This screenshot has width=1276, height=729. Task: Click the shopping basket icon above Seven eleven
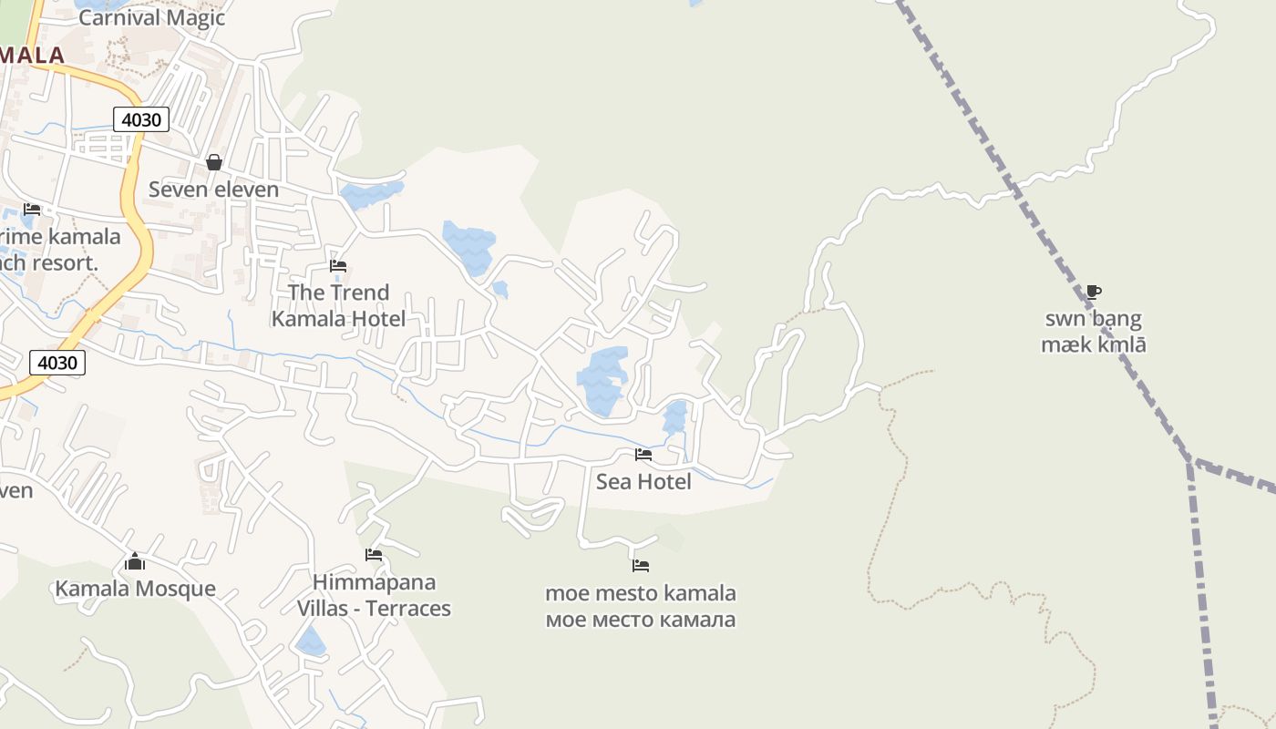214,162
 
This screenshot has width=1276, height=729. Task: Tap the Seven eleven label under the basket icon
213,190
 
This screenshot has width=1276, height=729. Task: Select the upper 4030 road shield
142,118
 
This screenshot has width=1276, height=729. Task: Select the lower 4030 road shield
57,362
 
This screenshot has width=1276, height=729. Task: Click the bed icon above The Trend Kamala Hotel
338,266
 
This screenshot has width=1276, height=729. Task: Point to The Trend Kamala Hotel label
338,305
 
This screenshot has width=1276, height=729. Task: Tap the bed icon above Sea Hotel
643,455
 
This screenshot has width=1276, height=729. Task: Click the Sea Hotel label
643,481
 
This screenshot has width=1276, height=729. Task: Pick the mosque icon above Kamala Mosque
135,561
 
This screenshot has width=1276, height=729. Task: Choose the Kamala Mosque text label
135,589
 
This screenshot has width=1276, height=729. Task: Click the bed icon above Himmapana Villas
374,554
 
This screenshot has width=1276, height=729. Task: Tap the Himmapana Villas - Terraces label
374,595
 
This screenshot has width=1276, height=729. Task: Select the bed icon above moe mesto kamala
641,565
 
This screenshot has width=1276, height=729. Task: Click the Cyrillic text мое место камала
640,621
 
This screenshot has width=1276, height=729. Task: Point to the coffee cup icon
1094,293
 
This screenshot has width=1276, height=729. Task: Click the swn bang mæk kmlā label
1093,332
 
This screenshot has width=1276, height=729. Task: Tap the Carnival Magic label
152,17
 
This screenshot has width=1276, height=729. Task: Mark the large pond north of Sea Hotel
602,378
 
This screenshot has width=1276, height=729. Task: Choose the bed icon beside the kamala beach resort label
32,210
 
